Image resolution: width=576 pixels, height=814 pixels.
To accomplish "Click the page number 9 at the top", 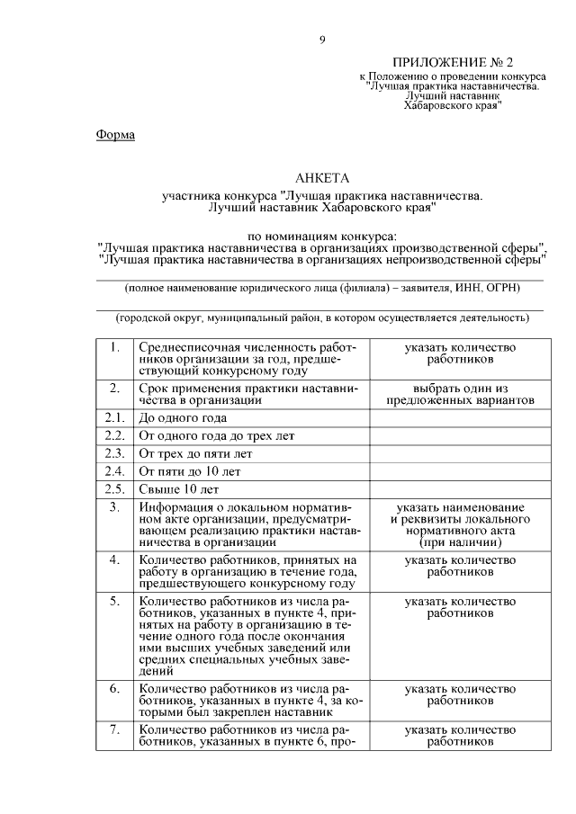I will pyautogui.click(x=322, y=40).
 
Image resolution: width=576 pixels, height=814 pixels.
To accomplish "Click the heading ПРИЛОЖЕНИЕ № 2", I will pyautogui.click(x=453, y=63).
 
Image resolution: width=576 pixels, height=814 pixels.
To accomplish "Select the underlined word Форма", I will pyautogui.click(x=114, y=135).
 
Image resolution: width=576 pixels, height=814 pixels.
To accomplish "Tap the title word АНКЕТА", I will pyautogui.click(x=322, y=178).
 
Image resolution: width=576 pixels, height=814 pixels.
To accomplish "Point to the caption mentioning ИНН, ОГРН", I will pyautogui.click(x=322, y=289).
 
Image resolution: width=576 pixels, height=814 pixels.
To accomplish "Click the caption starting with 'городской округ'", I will pyautogui.click(x=322, y=318).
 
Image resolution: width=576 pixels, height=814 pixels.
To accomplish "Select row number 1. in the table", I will pyautogui.click(x=114, y=347).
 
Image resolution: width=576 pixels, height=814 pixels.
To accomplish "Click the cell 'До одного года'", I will pyautogui.click(x=183, y=418).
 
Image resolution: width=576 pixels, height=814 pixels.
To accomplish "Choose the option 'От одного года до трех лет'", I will pyautogui.click(x=216, y=436).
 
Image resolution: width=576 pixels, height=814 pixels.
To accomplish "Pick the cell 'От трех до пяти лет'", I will pyautogui.click(x=195, y=454).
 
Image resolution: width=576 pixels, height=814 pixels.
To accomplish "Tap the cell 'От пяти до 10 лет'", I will pyautogui.click(x=189, y=472).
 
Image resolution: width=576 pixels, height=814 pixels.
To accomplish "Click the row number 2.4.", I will pyautogui.click(x=114, y=472).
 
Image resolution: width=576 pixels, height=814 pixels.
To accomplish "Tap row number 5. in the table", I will pyautogui.click(x=114, y=600).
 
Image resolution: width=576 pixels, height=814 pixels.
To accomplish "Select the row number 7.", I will pyautogui.click(x=114, y=729).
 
